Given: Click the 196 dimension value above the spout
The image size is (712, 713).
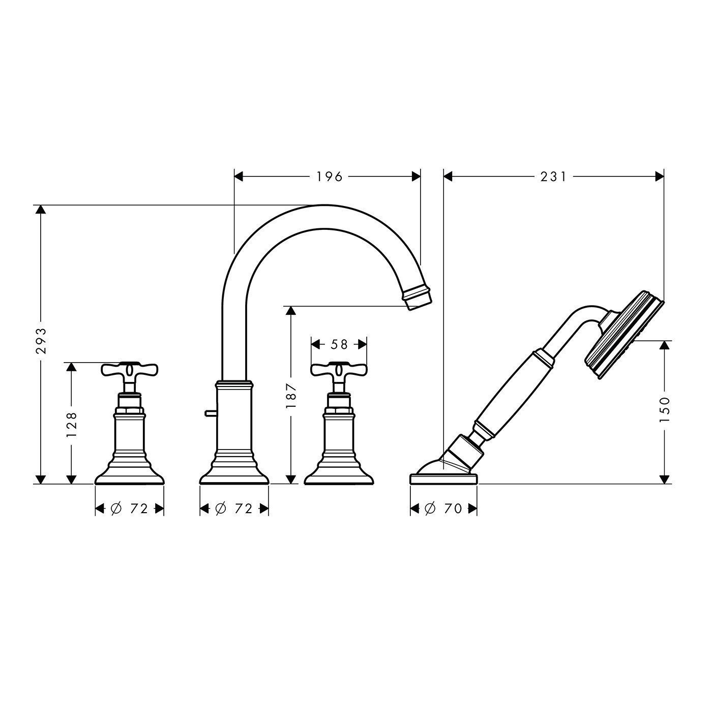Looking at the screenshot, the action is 330,177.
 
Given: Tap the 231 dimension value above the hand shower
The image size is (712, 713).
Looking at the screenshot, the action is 553,177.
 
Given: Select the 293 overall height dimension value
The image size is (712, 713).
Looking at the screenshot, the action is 41,341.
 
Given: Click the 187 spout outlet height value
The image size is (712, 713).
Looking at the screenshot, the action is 291,395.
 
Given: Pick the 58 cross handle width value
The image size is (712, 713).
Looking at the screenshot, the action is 339,344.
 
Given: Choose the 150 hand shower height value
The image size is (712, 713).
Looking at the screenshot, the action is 665,410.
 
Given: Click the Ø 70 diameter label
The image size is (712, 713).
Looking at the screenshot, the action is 443,509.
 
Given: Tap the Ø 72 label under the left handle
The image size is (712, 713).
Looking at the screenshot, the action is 129,509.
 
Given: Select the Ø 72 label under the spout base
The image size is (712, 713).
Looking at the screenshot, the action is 233,509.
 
